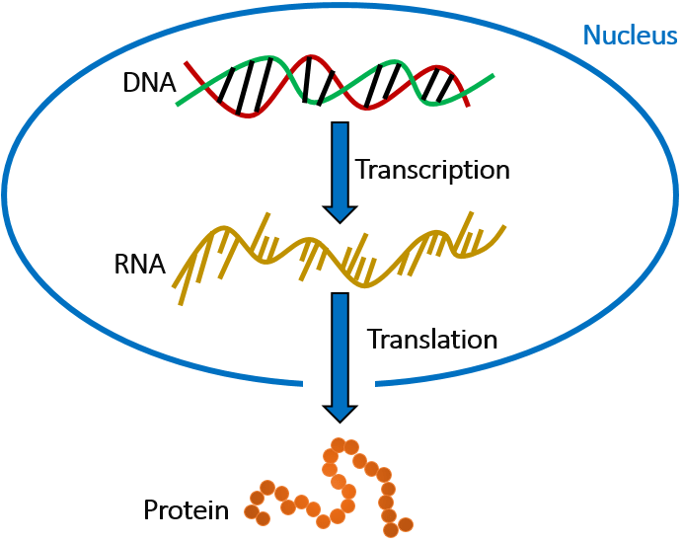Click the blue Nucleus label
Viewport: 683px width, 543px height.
point(629,36)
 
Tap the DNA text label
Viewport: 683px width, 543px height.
point(149,84)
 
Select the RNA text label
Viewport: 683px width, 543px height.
point(139,265)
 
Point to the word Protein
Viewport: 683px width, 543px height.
point(186,510)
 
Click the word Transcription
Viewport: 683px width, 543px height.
point(433,170)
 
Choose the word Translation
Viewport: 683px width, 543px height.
point(432,339)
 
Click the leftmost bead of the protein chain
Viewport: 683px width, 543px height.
point(252,513)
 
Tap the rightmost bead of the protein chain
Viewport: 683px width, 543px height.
point(405,523)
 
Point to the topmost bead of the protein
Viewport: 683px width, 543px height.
point(339,445)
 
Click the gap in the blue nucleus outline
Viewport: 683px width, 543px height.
point(341,383)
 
